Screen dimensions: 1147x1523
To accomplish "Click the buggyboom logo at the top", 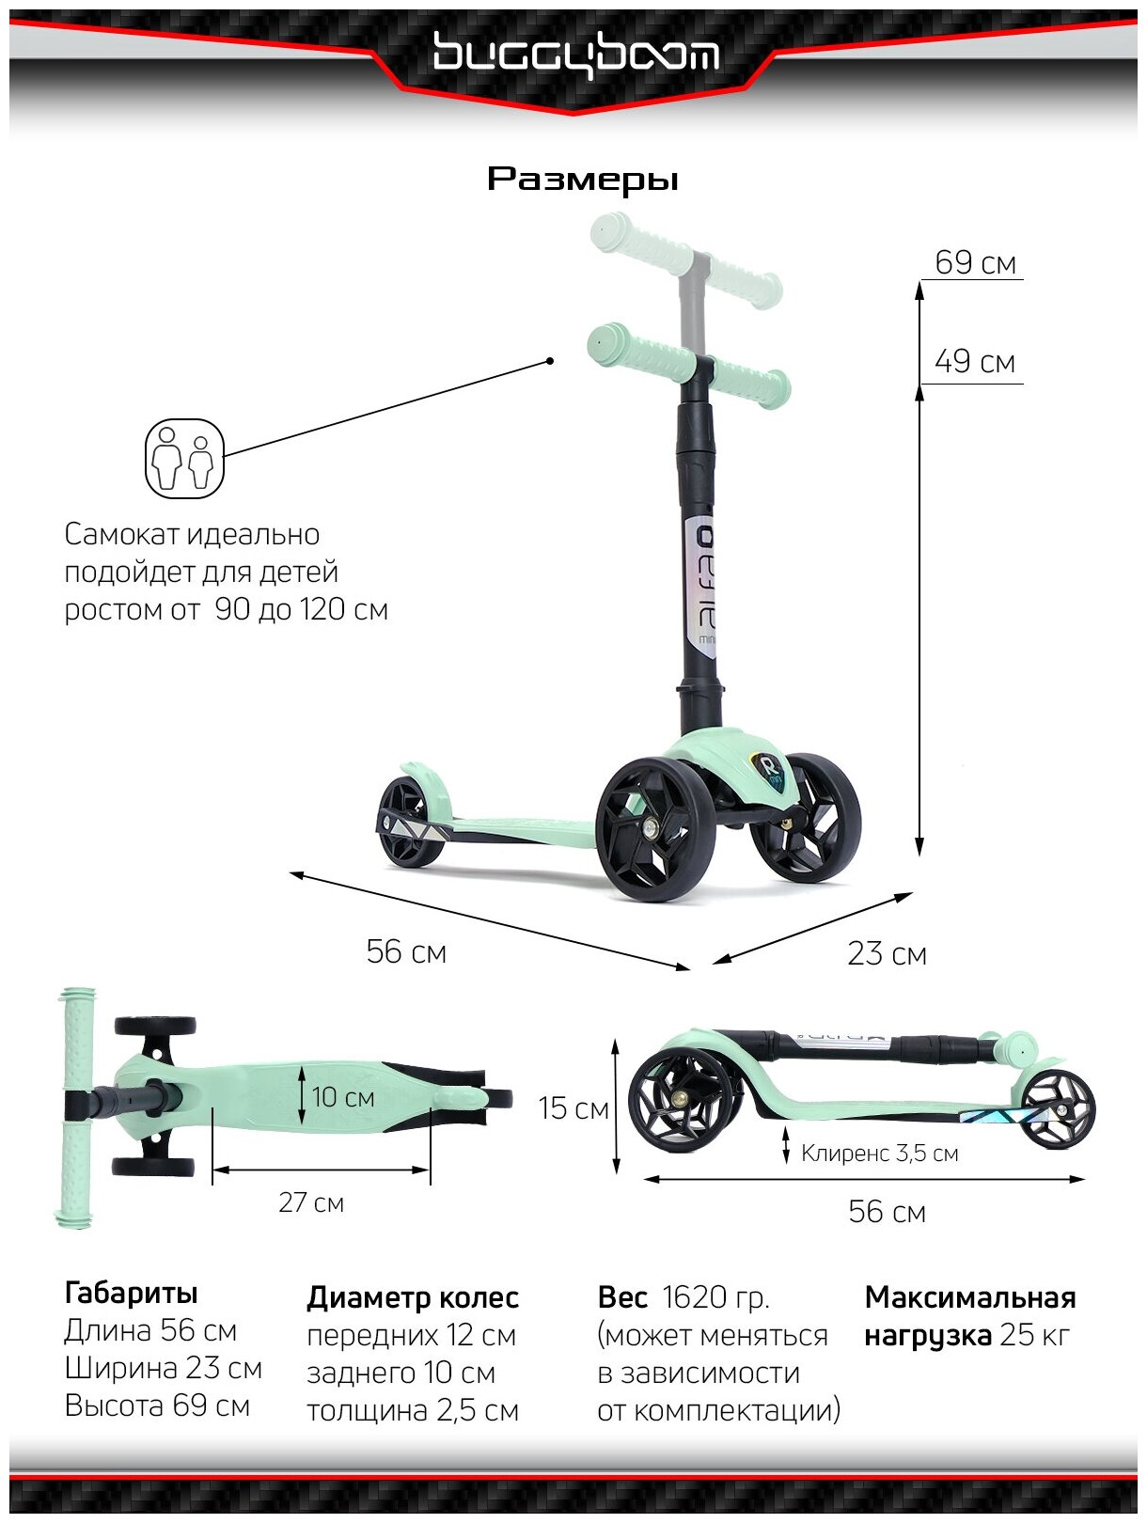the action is (x=575, y=55).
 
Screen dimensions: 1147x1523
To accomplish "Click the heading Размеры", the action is (x=582, y=179).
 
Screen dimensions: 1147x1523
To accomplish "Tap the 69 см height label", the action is (x=975, y=262).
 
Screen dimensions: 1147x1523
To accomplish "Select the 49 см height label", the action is (x=975, y=362).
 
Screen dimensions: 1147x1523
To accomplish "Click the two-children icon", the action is (x=184, y=459).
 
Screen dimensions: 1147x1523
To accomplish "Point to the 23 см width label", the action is (x=887, y=953).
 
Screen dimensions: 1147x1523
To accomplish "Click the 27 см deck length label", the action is (x=311, y=1202).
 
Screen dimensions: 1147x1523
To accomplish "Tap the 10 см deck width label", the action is (x=343, y=1097).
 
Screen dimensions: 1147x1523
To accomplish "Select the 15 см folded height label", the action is (x=573, y=1108).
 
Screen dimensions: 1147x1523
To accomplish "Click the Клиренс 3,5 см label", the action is (x=879, y=1154).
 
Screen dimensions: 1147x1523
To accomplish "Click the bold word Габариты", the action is (x=131, y=1294).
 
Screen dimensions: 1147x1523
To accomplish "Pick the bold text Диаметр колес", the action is (x=413, y=1298).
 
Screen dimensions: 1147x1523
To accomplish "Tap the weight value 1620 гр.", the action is (x=715, y=1297).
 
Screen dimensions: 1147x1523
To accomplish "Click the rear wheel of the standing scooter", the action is (x=410, y=820).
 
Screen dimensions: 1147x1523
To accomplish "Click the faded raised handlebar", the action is (x=685, y=259).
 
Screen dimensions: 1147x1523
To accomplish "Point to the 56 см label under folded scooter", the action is (x=887, y=1212).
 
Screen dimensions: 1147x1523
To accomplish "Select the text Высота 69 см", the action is (x=157, y=1406).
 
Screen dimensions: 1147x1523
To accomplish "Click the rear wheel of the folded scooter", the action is (x=1058, y=1109).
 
